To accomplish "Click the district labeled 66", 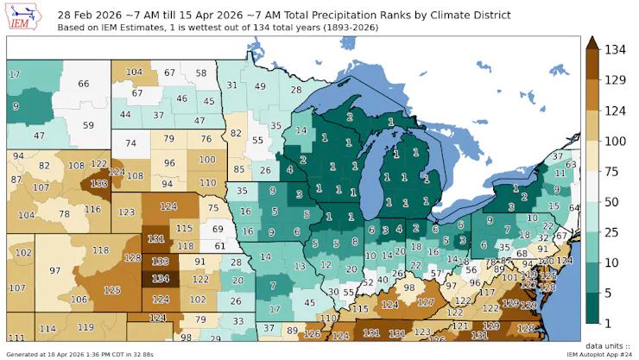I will click(84, 84).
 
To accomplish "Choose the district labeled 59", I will click(88, 125).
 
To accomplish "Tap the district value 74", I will click(130, 143).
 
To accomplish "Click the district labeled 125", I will click(111, 292).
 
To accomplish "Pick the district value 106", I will click(79, 300).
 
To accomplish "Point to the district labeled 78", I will click(64, 214).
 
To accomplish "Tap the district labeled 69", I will click(218, 230).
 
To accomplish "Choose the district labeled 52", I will click(366, 282).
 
